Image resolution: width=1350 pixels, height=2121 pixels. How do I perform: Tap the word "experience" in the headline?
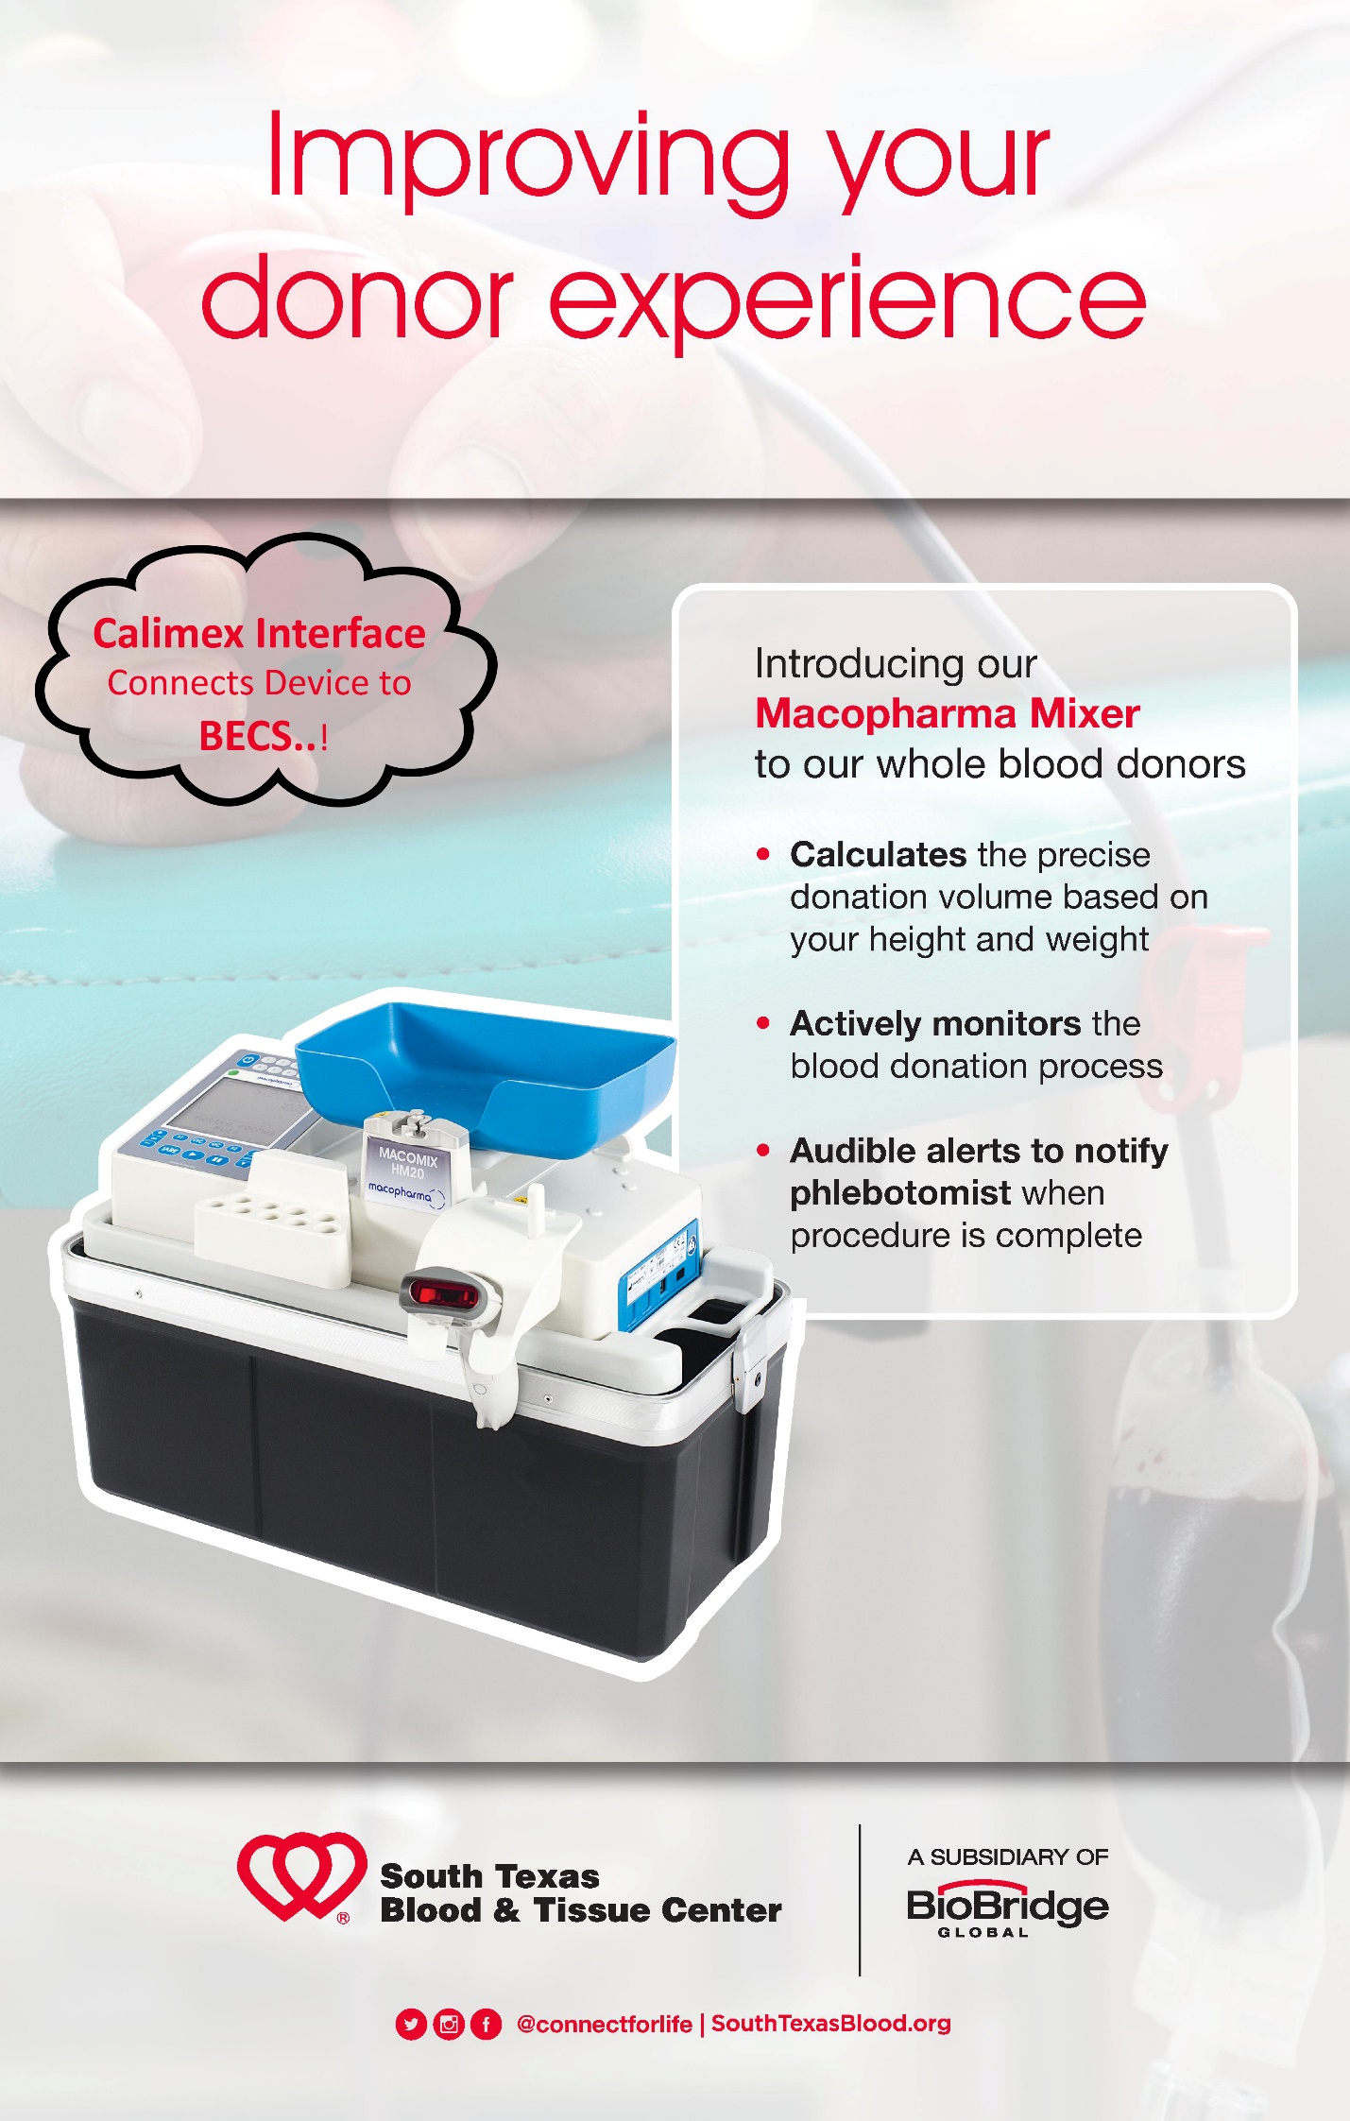847,300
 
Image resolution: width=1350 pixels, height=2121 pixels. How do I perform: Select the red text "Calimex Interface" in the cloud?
259,633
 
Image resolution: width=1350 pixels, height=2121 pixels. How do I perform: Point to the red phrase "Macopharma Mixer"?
947,713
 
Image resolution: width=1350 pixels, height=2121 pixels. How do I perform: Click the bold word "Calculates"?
878,854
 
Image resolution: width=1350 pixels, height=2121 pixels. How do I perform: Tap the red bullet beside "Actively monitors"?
763,1023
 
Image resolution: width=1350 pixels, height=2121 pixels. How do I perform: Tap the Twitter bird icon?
411,2024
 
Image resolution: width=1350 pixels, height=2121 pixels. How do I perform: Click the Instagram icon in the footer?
449,2024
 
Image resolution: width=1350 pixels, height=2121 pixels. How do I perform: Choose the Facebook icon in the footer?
486,2024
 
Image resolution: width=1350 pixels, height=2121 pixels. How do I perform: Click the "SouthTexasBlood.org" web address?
830,2023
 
